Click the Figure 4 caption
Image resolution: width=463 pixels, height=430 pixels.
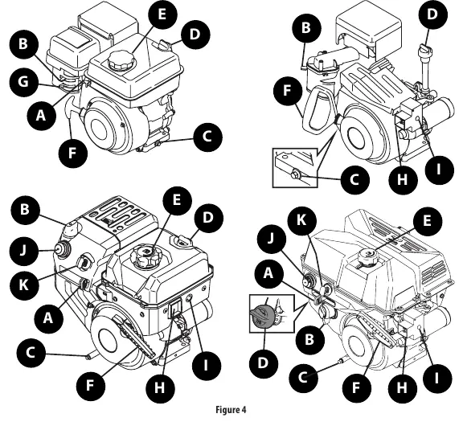[x=231, y=410]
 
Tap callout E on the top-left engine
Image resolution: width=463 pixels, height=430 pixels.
[x=162, y=14]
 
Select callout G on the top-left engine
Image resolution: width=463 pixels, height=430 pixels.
[x=23, y=81]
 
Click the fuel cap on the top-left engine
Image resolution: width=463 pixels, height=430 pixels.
[x=121, y=61]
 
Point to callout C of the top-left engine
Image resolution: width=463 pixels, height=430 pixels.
[x=207, y=137]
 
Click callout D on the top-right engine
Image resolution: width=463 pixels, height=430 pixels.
[x=432, y=14]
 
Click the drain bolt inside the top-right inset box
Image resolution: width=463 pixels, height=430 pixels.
[x=296, y=174]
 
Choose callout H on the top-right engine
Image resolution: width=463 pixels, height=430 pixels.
[x=403, y=178]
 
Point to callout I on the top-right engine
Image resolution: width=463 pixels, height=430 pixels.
[x=439, y=170]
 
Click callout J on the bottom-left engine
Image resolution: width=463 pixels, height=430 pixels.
[x=23, y=251]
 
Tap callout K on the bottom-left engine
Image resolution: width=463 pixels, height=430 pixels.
[x=24, y=285]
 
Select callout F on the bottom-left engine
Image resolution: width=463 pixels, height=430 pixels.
[x=90, y=385]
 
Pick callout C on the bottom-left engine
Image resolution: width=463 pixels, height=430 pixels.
[x=31, y=353]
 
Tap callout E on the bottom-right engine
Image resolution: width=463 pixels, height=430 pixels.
[x=427, y=221]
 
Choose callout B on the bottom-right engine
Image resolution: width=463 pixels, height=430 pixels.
[x=309, y=340]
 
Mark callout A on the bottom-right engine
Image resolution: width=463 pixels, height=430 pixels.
[x=268, y=273]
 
